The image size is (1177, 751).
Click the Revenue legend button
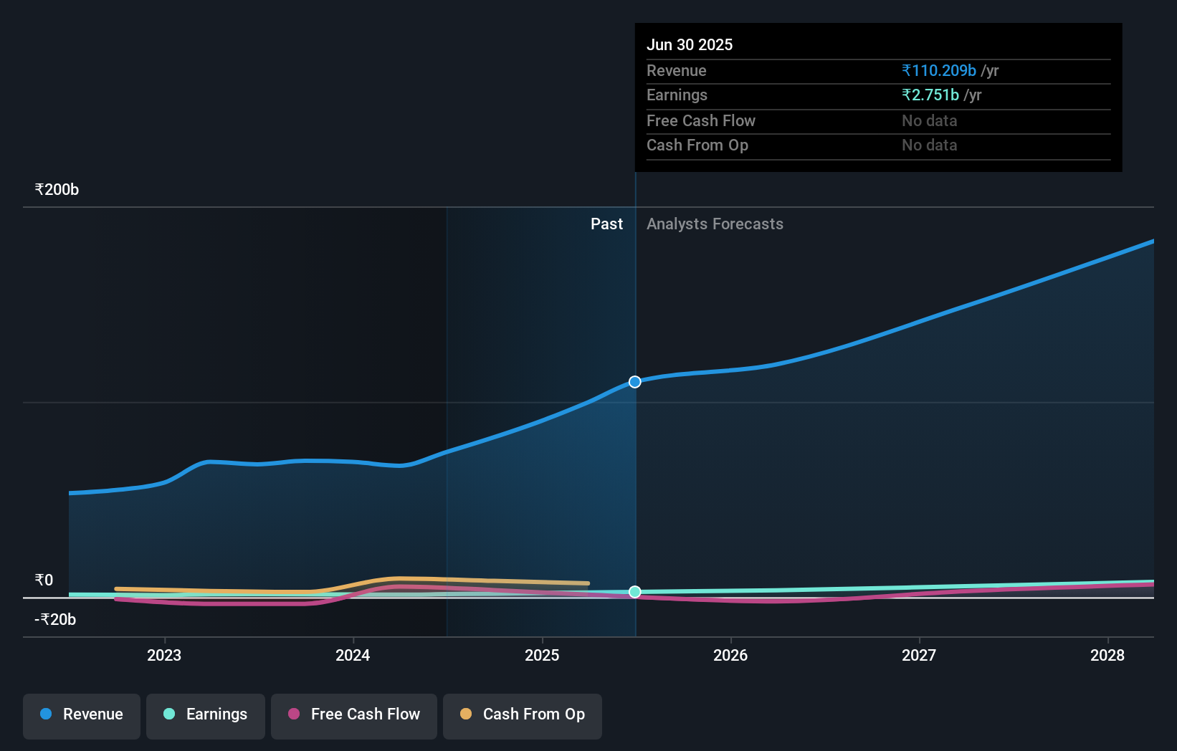(x=82, y=714)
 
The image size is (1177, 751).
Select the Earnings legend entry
(x=206, y=714)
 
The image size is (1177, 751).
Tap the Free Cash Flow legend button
(x=354, y=714)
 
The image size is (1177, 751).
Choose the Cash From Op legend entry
(x=523, y=714)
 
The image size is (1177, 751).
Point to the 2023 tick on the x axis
(x=164, y=655)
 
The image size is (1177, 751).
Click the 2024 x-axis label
(x=353, y=655)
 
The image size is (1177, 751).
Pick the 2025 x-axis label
(x=542, y=655)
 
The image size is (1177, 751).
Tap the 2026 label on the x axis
(x=730, y=655)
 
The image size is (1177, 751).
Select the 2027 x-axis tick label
(x=919, y=655)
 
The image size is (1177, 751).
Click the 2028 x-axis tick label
(x=1107, y=655)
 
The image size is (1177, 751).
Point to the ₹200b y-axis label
(x=57, y=190)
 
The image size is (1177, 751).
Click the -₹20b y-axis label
(x=55, y=620)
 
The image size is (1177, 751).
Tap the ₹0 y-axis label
(x=44, y=580)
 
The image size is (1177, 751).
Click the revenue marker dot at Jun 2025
(x=635, y=382)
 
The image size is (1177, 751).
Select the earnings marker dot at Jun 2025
(x=635, y=592)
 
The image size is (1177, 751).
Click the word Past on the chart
(x=606, y=224)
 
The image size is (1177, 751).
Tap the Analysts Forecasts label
(x=715, y=224)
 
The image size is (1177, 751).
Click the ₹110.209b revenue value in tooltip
(x=939, y=71)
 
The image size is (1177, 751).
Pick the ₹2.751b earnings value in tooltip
(x=930, y=95)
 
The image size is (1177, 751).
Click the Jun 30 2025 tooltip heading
(x=690, y=45)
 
